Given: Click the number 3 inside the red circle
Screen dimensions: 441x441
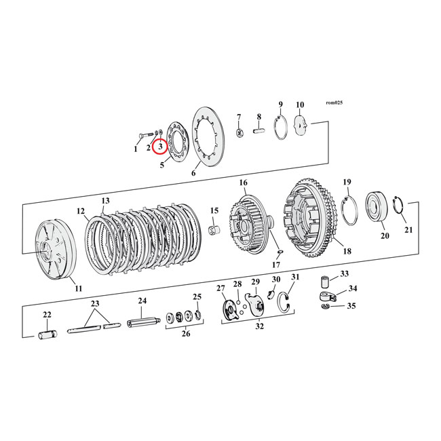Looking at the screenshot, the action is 161,147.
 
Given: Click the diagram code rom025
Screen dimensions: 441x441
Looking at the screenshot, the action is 334,102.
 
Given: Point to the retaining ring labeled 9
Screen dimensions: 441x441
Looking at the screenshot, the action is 281,128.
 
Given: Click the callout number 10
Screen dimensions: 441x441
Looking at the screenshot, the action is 300,105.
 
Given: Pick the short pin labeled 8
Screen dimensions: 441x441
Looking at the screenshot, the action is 259,132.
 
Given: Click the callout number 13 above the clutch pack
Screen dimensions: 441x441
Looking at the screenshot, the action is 105,201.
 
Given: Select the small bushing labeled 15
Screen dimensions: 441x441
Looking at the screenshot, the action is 214,231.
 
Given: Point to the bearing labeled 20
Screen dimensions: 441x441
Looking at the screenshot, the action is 377,206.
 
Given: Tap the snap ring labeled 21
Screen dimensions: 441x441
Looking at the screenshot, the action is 398,206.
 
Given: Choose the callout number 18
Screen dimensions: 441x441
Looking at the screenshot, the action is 347,251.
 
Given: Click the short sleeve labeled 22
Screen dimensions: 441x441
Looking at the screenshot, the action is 47,335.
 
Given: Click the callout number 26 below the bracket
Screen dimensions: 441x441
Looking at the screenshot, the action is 186,334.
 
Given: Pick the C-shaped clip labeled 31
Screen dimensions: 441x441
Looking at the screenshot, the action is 284,303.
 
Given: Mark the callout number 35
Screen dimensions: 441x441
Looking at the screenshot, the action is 351,306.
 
